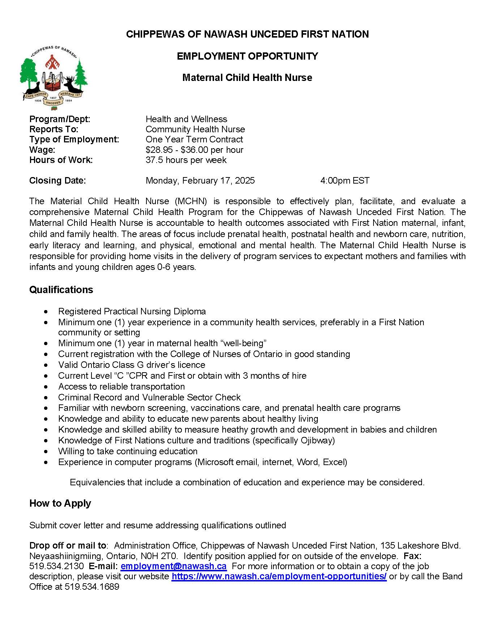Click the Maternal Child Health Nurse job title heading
pos(247,78)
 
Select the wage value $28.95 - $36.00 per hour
pos(194,150)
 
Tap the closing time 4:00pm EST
pos(345,181)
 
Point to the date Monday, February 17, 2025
pos(200,181)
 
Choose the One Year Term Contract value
pos(194,139)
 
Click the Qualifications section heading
pos(61,290)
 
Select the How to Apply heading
pos(60,503)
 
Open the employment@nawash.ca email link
pos(174,566)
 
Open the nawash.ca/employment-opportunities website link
pos(279,576)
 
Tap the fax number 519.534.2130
pos(56,566)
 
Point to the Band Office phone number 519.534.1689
pos(92,587)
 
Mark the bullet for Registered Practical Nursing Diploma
pos(46,312)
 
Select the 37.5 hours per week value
pos(186,160)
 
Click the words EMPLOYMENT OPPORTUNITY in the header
pos(247,56)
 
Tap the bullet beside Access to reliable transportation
pos(46,387)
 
